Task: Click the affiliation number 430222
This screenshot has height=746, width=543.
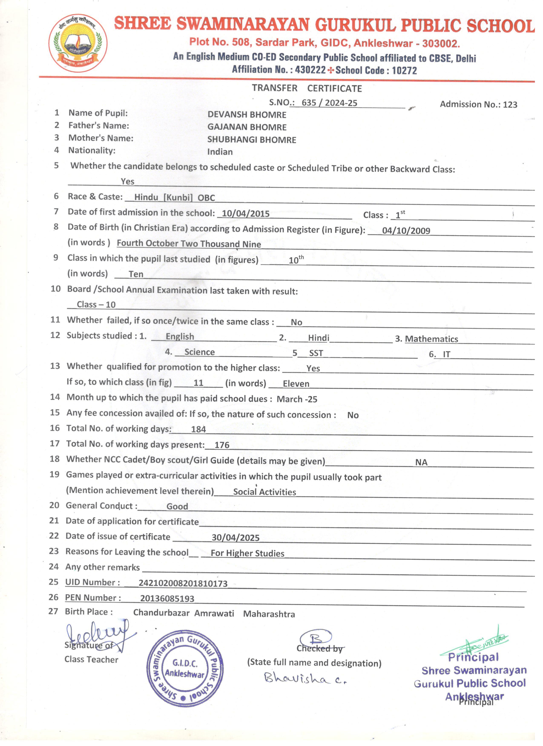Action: (x=310, y=70)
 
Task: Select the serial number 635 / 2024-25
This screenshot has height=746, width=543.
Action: (x=329, y=103)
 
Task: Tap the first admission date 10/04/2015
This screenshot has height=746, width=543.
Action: (x=246, y=214)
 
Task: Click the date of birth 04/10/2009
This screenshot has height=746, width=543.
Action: (x=406, y=231)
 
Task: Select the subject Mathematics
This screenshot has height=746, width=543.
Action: (x=431, y=339)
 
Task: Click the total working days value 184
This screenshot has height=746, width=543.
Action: (x=198, y=429)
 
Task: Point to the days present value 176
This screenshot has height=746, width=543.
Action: (x=222, y=445)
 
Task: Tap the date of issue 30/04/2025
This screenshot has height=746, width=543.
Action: (x=236, y=538)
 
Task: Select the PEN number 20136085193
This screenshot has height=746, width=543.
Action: (x=167, y=599)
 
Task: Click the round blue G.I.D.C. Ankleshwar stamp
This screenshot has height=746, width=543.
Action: (x=185, y=669)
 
